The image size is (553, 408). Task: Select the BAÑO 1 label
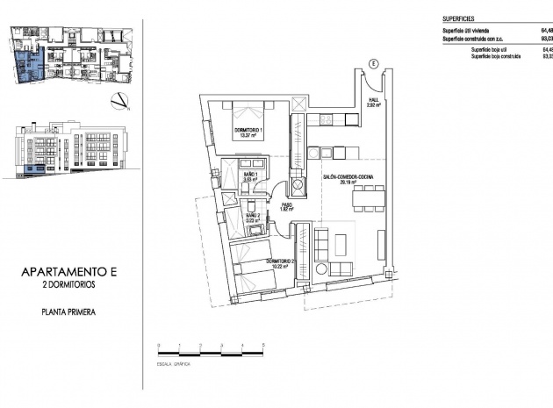click(249, 176)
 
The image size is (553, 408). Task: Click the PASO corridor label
click(285, 206)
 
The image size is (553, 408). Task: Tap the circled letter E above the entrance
click(372, 63)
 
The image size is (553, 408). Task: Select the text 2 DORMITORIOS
click(68, 286)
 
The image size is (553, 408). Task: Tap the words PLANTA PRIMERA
click(68, 311)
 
